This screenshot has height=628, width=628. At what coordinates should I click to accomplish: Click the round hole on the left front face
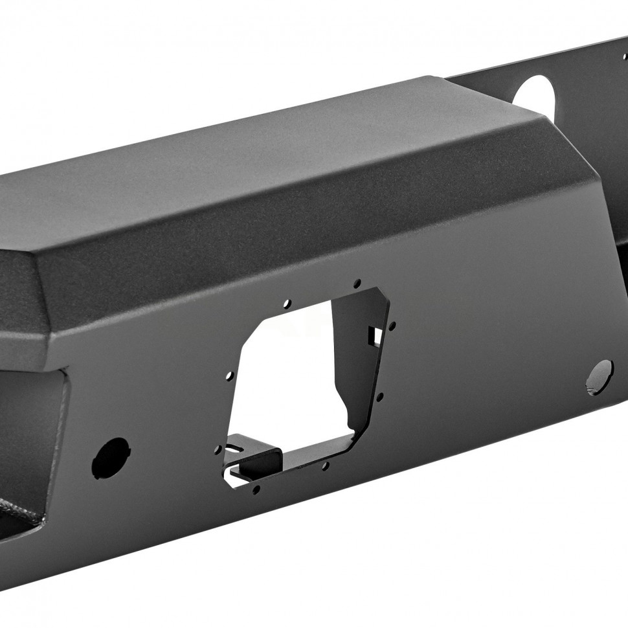110,458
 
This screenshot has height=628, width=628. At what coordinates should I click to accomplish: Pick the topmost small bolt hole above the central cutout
357,282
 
